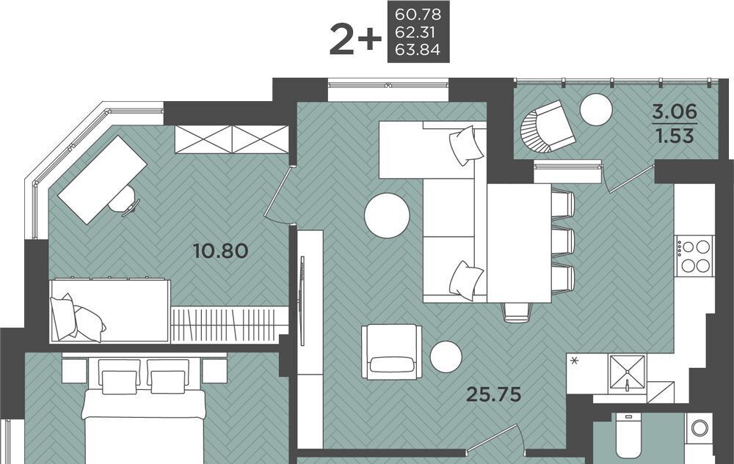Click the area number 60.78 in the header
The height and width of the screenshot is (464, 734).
pyautogui.click(x=418, y=15)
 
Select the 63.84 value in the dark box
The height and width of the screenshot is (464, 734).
pyautogui.click(x=418, y=49)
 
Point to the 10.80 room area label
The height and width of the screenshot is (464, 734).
pyautogui.click(x=220, y=251)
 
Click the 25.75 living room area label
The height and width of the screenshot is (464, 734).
pyautogui.click(x=494, y=395)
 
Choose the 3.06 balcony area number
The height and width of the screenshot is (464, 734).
pyautogui.click(x=675, y=112)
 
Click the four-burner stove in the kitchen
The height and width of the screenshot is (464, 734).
pyautogui.click(x=694, y=256)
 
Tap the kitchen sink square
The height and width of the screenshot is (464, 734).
pyautogui.click(x=627, y=373)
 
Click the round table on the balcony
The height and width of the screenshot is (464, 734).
pyautogui.click(x=596, y=109)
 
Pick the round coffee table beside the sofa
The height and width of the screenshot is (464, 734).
pyautogui.click(x=387, y=216)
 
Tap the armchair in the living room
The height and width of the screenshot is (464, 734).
pyautogui.click(x=391, y=352)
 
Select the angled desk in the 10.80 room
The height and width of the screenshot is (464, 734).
pyautogui.click(x=103, y=180)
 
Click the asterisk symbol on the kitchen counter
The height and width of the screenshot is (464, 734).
pyautogui.click(x=574, y=361)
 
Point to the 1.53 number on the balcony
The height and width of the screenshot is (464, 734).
pyautogui.click(x=675, y=136)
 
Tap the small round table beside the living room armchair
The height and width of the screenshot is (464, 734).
pyautogui.click(x=446, y=357)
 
